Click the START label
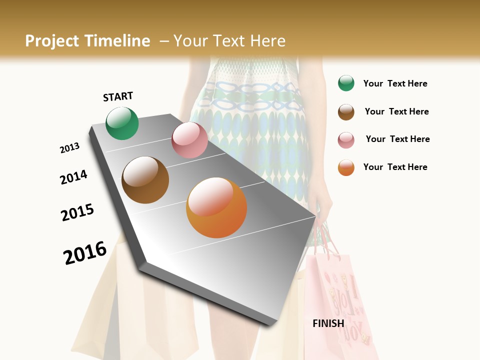pyautogui.click(x=118, y=96)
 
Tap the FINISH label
pyautogui.click(x=328, y=323)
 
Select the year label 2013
pyautogui.click(x=69, y=148)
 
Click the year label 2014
pyautogui.click(x=73, y=177)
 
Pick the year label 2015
pyautogui.click(x=77, y=212)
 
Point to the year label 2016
pyautogui.click(x=85, y=252)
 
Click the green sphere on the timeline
pyautogui.click(x=122, y=123)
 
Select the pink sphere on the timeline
pyautogui.click(x=189, y=140)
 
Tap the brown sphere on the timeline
pyautogui.click(x=145, y=180)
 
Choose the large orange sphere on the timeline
pyautogui.click(x=216, y=207)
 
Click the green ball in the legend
pyautogui.click(x=346, y=83)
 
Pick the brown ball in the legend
pyautogui.click(x=346, y=111)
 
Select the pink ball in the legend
pyautogui.click(x=346, y=139)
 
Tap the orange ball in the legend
pyautogui.click(x=346, y=167)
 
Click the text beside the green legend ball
pyautogui.click(x=395, y=83)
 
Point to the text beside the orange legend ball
pyautogui.click(x=395, y=167)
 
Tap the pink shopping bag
pyautogui.click(x=340, y=300)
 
